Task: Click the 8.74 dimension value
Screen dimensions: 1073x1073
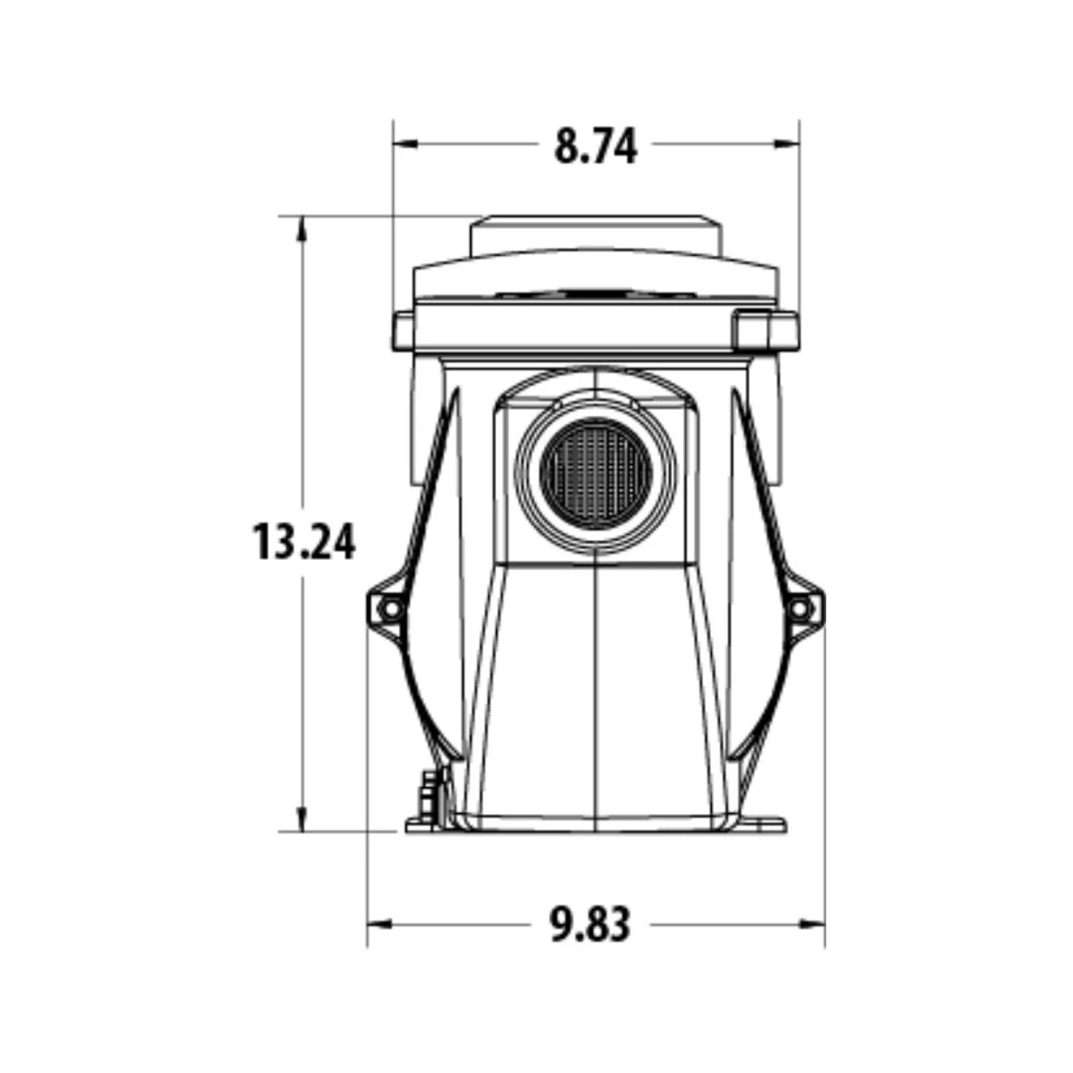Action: (595, 146)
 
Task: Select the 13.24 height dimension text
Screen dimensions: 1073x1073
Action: (304, 542)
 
